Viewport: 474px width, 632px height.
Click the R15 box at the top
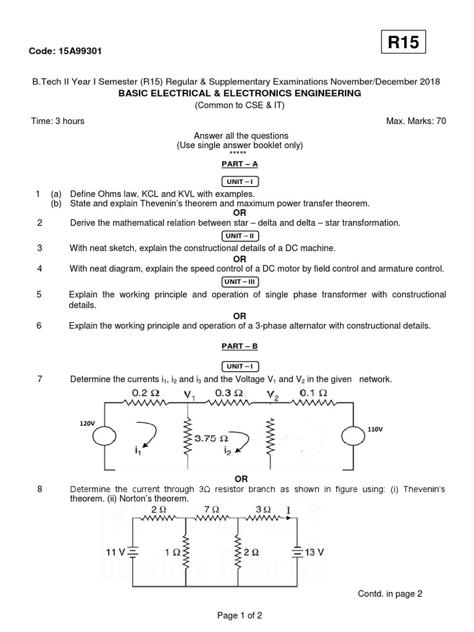pos(403,43)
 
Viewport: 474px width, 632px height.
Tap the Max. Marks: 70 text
pos(415,121)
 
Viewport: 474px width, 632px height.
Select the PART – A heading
pos(239,164)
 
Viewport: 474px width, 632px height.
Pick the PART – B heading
pos(239,347)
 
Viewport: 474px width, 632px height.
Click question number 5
pos(39,294)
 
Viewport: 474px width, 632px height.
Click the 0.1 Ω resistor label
pos(313,392)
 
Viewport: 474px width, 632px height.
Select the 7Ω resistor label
pos(211,510)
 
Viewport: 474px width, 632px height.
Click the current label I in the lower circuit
pos(289,510)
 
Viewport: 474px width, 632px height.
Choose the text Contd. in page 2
pos(390,594)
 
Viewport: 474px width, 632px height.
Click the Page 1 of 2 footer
pos(239,615)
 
